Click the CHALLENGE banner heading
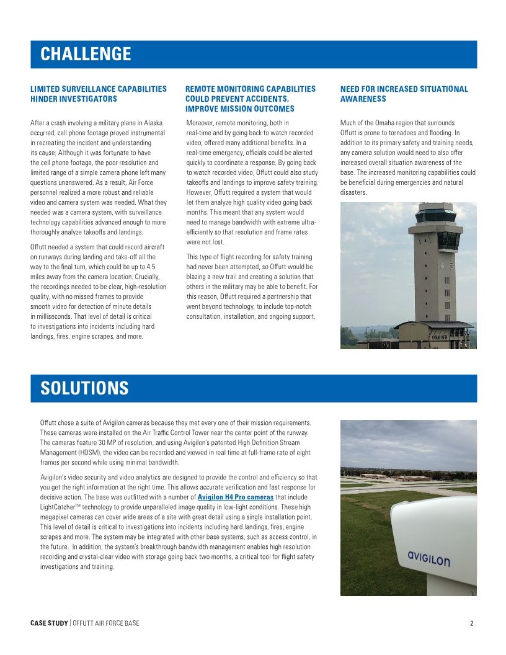(86, 54)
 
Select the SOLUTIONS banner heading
(84, 388)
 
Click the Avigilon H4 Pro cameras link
(235, 497)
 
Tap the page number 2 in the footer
(471, 623)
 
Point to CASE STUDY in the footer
(49, 623)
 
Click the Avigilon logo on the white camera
(428, 558)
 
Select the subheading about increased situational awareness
(404, 94)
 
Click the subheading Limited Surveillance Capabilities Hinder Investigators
(98, 94)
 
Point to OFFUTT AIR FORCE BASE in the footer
(106, 623)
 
